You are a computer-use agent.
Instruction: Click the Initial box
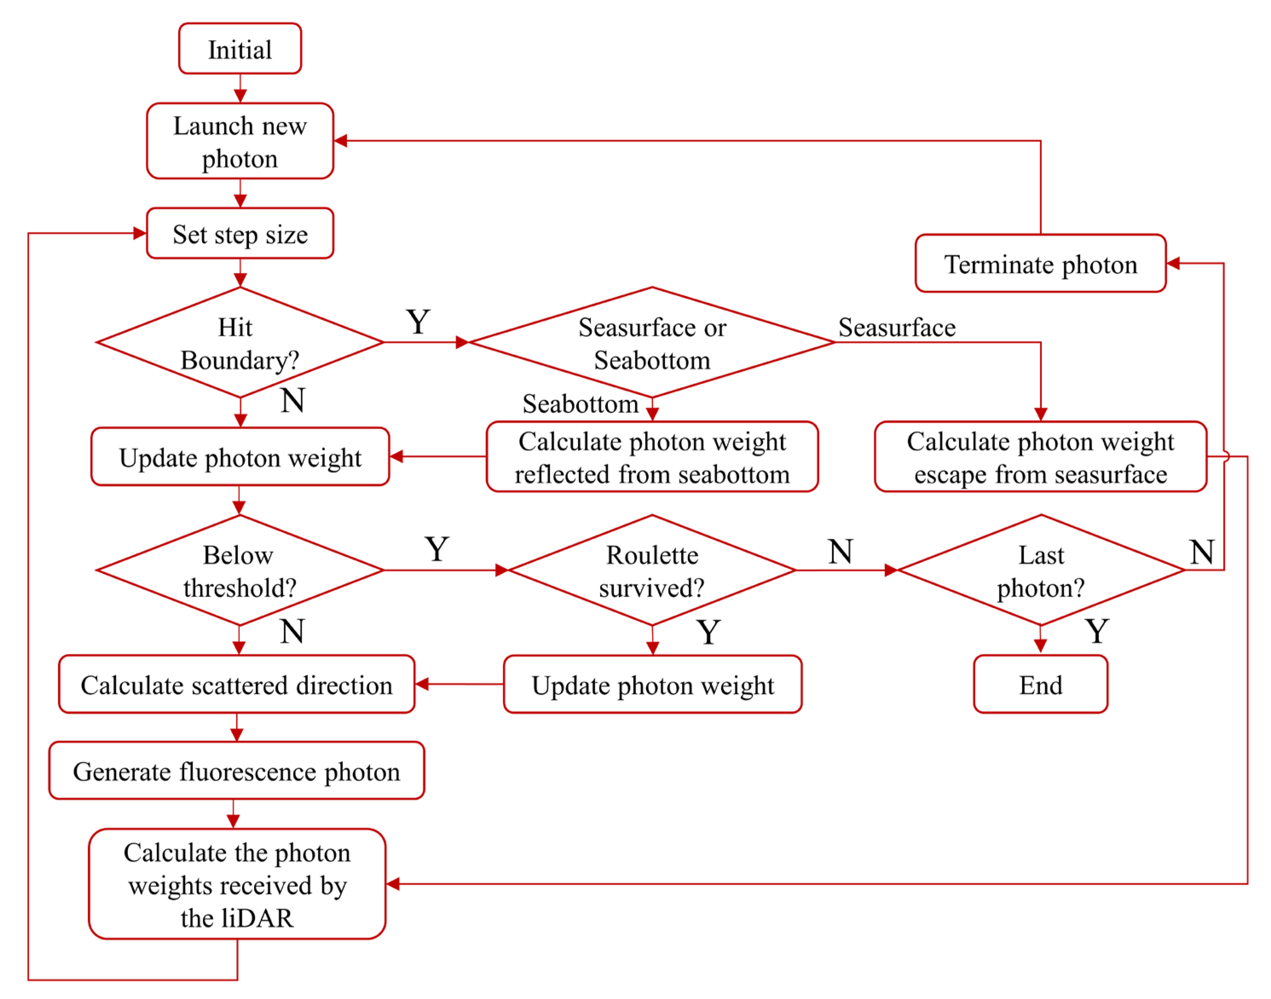click(240, 49)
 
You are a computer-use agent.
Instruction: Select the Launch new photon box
click(240, 141)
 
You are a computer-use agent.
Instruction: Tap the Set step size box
click(240, 234)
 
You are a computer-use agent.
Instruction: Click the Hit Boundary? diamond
click(240, 343)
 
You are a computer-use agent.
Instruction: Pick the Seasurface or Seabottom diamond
click(652, 343)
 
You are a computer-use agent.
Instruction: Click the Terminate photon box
click(1040, 264)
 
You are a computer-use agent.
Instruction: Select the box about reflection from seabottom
click(652, 457)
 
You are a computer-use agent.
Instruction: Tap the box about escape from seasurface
click(1040, 457)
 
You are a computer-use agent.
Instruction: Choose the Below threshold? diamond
click(240, 570)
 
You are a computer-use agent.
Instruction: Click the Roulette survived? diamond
click(652, 570)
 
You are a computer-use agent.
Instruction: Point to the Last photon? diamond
click(1040, 570)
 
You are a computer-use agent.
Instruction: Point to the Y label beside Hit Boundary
click(418, 322)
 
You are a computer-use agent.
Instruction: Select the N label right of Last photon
click(1202, 551)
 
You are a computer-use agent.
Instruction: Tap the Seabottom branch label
click(580, 404)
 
